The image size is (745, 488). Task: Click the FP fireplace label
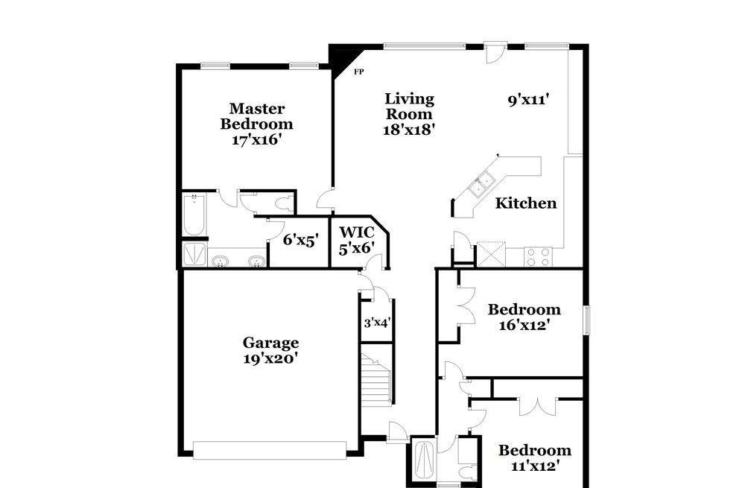tap(359, 72)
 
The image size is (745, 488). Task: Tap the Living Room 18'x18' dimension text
tap(409, 129)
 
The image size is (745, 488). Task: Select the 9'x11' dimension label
tap(529, 101)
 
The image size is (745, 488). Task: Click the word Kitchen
tap(526, 203)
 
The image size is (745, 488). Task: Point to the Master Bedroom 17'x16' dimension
tap(257, 140)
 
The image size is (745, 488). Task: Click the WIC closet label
tap(357, 232)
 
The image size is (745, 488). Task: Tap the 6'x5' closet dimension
tap(300, 240)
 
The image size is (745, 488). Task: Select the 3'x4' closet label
tap(377, 323)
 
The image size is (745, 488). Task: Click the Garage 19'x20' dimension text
tap(270, 358)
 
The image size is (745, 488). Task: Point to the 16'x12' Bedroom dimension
tap(524, 325)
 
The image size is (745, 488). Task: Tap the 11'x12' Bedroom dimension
tap(534, 466)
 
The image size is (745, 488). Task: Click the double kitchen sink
tap(481, 186)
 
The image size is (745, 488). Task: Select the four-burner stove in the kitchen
tap(539, 257)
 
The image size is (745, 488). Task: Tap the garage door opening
tap(270, 451)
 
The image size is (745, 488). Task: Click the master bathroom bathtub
tap(194, 214)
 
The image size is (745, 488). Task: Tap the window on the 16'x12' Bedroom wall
tap(587, 320)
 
